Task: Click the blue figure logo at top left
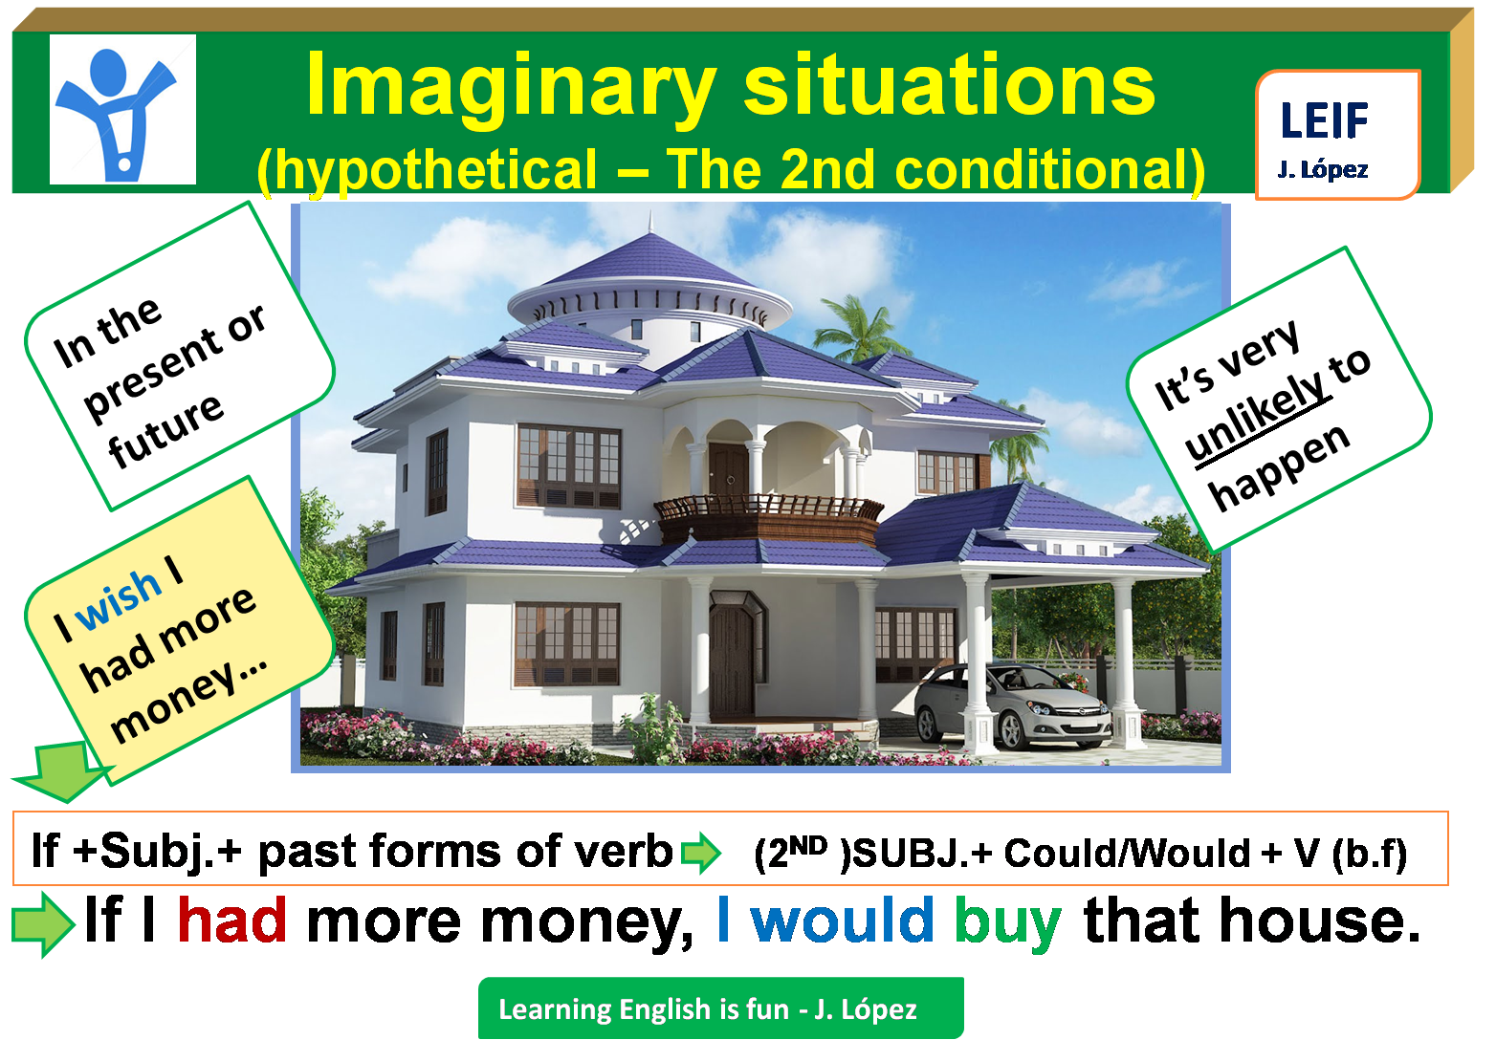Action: pyautogui.click(x=121, y=110)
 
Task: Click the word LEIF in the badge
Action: pyautogui.click(x=1324, y=121)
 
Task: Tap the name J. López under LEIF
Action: pyautogui.click(x=1323, y=170)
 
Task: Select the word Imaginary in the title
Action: pyautogui.click(x=510, y=86)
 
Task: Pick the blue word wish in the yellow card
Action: pyautogui.click(x=119, y=599)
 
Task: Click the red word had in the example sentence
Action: pyautogui.click(x=231, y=921)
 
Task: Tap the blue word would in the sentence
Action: pyautogui.click(x=842, y=921)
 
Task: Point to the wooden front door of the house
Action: pyautogui.click(x=732, y=660)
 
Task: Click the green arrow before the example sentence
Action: pyautogui.click(x=43, y=922)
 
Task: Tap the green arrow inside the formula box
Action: pyautogui.click(x=700, y=852)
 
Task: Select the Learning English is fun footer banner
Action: pyautogui.click(x=719, y=1008)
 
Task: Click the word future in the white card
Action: pyautogui.click(x=166, y=431)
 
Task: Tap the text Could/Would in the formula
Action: pyautogui.click(x=1128, y=853)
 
